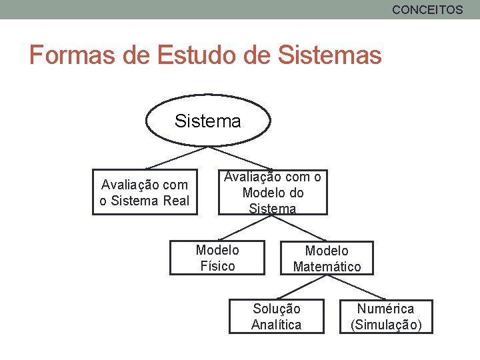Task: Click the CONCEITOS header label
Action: (x=427, y=9)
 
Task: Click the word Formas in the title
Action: (x=73, y=55)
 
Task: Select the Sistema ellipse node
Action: (x=207, y=121)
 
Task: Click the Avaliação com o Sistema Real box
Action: (x=145, y=193)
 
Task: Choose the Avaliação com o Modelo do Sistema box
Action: (x=273, y=193)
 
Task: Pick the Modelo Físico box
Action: (x=217, y=258)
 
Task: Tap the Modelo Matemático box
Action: (x=327, y=259)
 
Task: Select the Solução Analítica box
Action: (x=276, y=317)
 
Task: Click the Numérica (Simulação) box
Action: (x=385, y=317)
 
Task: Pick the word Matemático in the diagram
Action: (x=327, y=267)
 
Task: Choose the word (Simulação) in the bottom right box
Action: (x=385, y=325)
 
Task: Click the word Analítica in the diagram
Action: (x=276, y=325)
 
